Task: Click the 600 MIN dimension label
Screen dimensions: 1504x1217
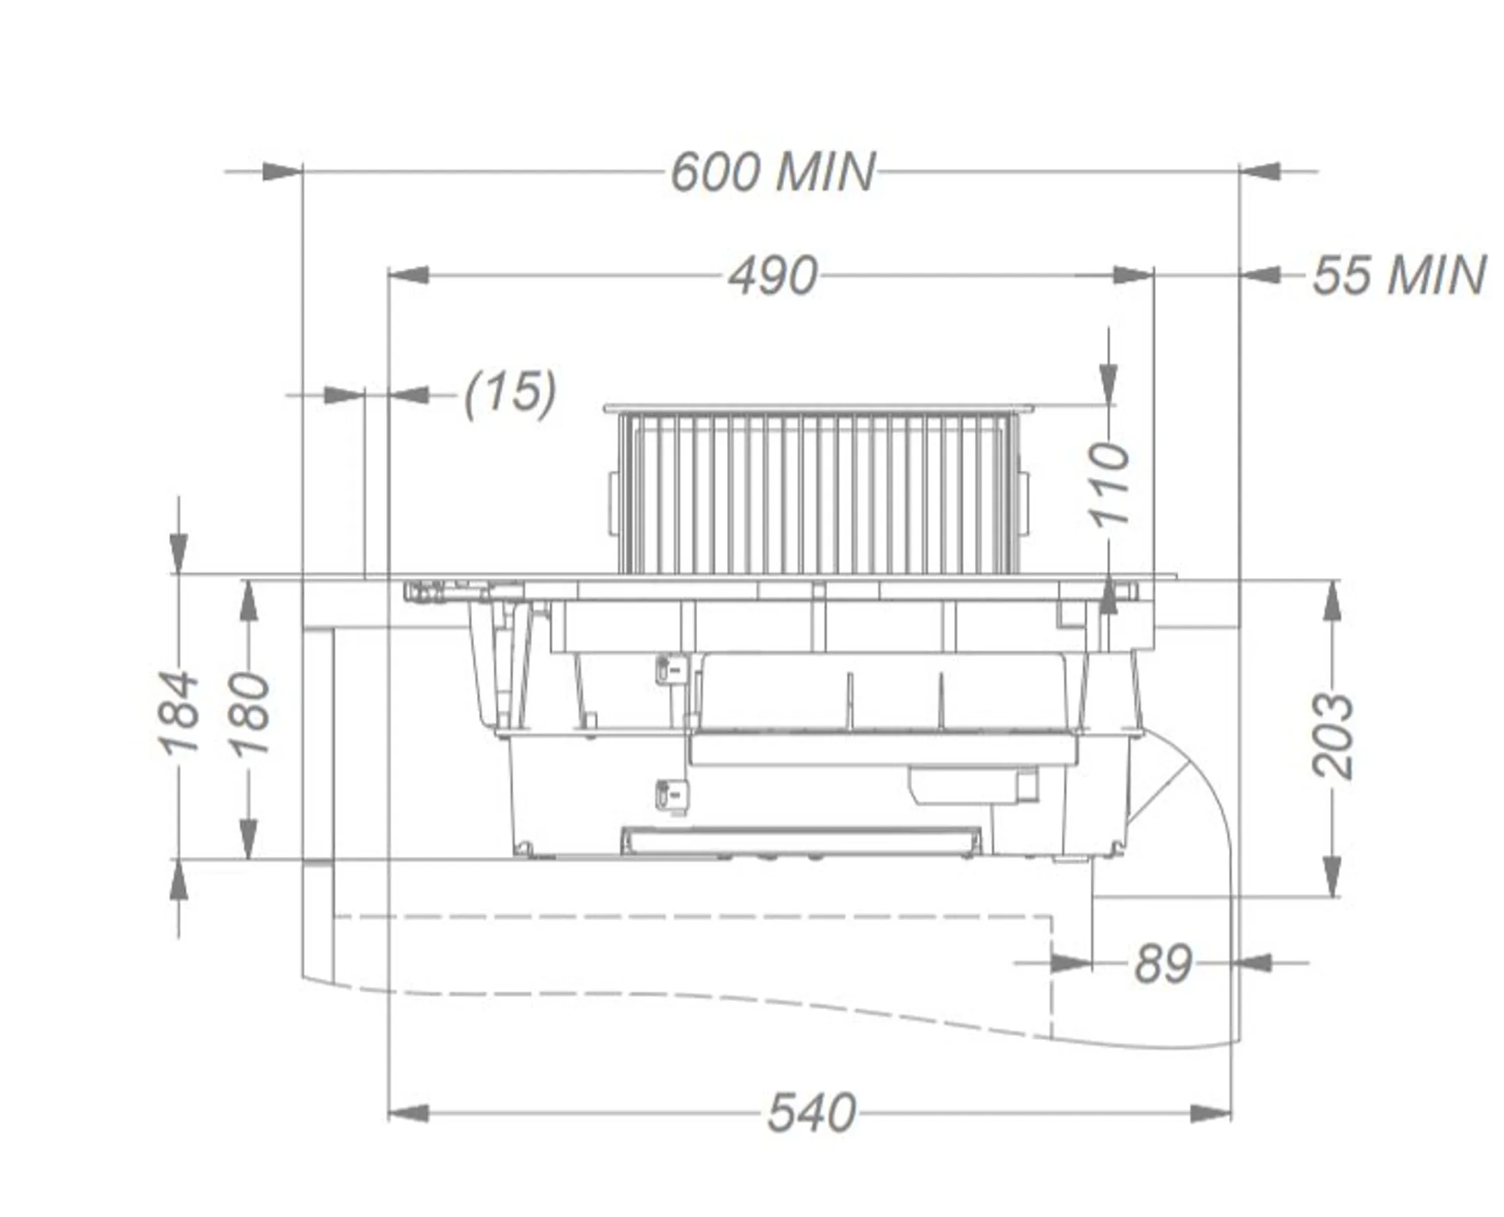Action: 773,172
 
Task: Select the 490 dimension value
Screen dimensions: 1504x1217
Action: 773,276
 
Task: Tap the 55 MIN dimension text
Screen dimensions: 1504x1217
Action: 1398,276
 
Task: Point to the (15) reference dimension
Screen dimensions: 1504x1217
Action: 510,394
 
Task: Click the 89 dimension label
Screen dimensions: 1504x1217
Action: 1163,965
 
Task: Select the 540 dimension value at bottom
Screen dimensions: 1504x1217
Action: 811,1113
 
